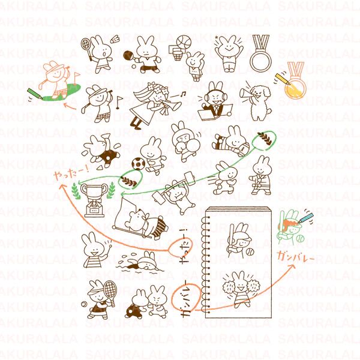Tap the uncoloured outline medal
point(260,58)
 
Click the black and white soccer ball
point(137,163)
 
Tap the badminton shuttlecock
point(127,55)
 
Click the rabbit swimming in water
point(142,262)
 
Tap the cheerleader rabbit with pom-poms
point(241,287)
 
